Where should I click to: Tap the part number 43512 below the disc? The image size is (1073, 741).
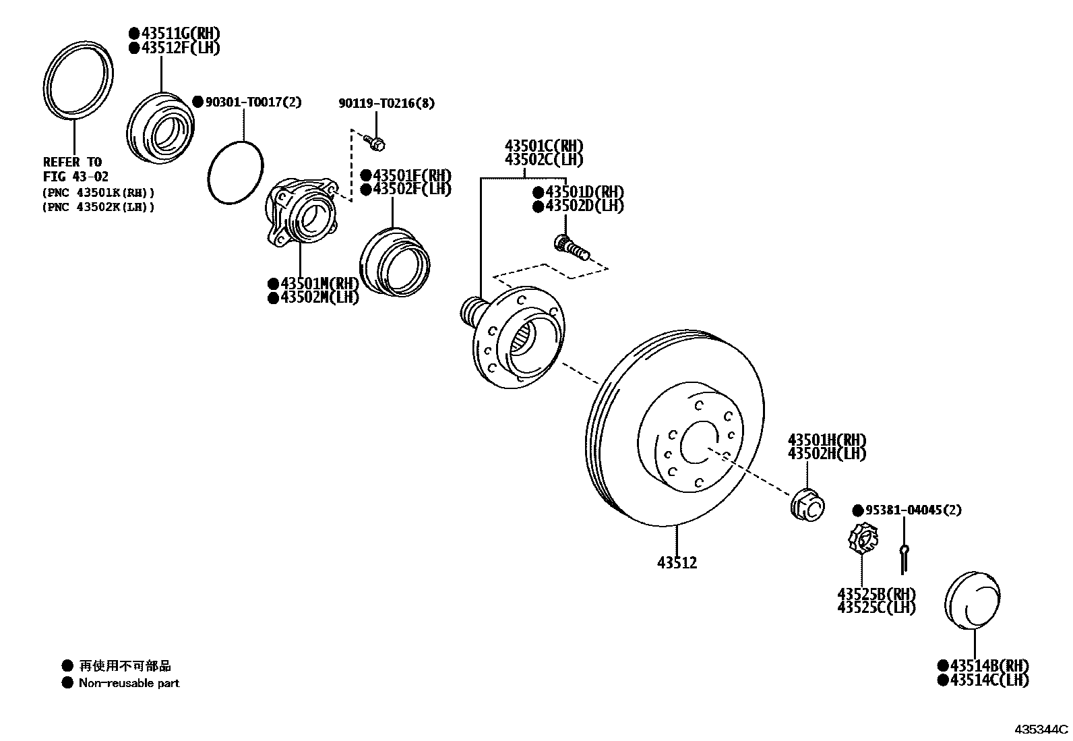coord(677,562)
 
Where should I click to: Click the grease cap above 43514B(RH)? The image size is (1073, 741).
coord(972,601)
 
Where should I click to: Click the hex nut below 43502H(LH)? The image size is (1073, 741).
coord(807,505)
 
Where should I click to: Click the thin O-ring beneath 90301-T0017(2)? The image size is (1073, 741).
coord(235,172)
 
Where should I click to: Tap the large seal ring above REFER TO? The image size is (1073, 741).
coord(78,82)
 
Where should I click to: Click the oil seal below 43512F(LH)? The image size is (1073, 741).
coord(162,127)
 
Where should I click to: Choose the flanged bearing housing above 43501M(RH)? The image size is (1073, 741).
coord(301,211)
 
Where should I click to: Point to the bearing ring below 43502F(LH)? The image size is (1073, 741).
coord(394,263)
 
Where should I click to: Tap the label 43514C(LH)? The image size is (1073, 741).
coord(983,680)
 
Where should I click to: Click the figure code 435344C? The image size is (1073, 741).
coord(1041,730)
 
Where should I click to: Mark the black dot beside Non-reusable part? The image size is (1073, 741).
coord(67,682)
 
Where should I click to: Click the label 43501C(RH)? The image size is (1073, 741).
coord(545,146)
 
